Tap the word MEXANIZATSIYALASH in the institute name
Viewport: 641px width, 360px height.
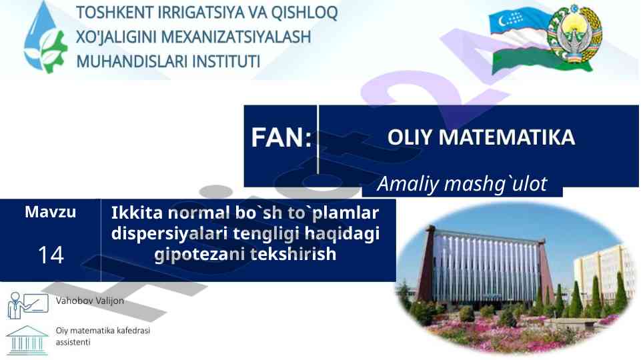pos(236,37)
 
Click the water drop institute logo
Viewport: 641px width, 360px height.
pos(45,37)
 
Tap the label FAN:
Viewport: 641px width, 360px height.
pos(281,138)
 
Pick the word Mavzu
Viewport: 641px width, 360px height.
pos(50,212)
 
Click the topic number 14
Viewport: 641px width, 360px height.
pos(51,255)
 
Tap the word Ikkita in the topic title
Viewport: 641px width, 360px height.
pos(137,213)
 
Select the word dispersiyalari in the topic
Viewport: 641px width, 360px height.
pos(169,234)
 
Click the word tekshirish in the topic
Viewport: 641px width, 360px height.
pos(293,254)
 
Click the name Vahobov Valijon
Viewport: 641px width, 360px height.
pos(90,301)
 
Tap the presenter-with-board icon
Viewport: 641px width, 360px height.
pos(28,305)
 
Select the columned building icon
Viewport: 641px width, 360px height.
pos(27,340)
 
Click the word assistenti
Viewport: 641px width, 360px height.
pos(73,342)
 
